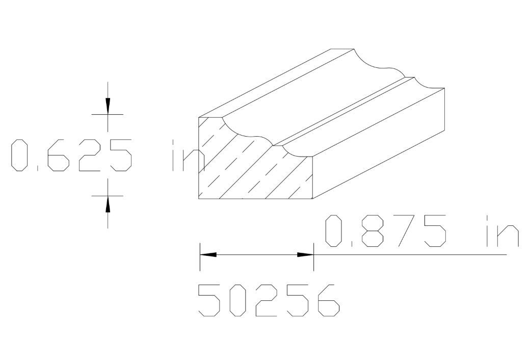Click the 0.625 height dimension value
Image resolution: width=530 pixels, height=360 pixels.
pos(71,155)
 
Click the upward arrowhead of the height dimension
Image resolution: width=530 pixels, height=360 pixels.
pos(108,204)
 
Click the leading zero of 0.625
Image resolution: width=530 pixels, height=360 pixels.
pos(20,155)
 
